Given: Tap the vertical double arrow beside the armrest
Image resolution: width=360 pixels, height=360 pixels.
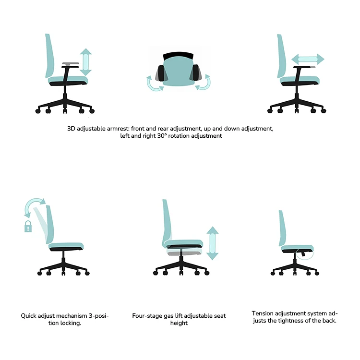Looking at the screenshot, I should coord(85,61).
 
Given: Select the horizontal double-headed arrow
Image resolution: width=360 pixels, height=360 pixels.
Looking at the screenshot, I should coord(308,60).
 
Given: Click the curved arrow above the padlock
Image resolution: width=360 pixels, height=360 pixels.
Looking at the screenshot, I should coord(34,206).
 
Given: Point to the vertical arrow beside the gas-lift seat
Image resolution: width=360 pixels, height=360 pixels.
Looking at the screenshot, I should coord(212,243).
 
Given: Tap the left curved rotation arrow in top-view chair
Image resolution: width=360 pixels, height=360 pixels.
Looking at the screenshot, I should coord(154,84).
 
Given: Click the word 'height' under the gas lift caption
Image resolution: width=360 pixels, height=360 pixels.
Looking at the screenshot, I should coord(179,323).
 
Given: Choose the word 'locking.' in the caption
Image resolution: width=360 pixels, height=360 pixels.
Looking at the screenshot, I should coord(69,323).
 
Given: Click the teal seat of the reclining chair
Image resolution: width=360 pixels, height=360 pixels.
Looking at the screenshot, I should coord(67,246).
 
